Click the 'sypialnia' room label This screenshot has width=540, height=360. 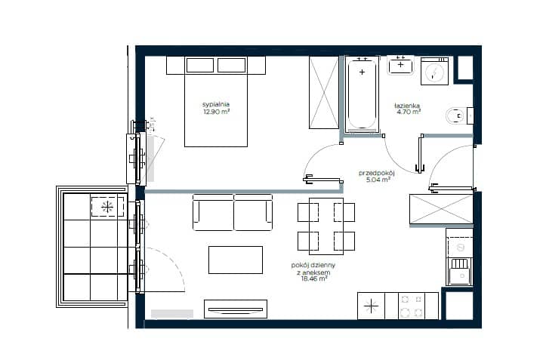(x=215, y=104)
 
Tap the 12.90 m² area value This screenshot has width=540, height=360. (x=216, y=112)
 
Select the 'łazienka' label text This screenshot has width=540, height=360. (x=407, y=106)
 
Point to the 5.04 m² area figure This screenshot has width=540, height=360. (x=378, y=180)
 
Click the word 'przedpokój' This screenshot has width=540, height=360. (x=376, y=173)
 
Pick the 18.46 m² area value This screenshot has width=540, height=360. (x=313, y=278)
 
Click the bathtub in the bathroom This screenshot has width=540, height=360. (x=362, y=94)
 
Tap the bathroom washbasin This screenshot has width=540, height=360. (x=400, y=66)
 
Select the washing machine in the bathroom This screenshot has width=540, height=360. (x=434, y=71)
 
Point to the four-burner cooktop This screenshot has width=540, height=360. (x=412, y=306)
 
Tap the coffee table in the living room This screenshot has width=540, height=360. (x=236, y=260)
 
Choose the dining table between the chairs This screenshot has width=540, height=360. (x=326, y=226)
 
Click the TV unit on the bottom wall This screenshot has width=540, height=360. (x=236, y=309)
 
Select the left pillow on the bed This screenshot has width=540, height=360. (x=200, y=65)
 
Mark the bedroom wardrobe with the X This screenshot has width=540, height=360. (x=324, y=93)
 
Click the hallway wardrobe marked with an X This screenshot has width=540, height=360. (x=441, y=209)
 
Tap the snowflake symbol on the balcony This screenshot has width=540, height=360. (x=107, y=207)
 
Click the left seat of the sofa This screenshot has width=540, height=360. (x=214, y=213)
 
